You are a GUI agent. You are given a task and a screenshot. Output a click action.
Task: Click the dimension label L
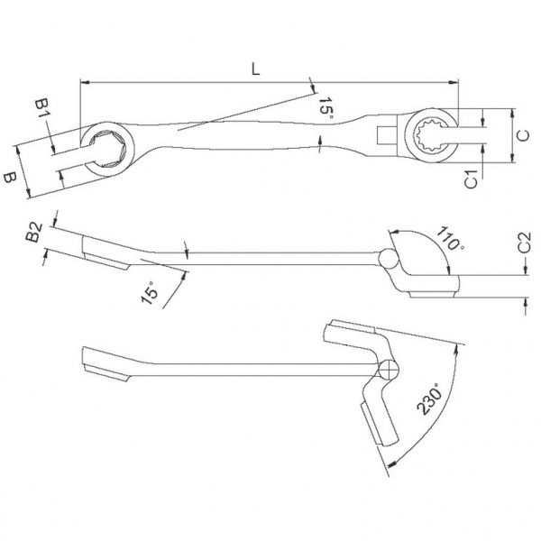pos(255,69)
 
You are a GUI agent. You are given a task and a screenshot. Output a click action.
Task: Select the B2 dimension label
pos(34,232)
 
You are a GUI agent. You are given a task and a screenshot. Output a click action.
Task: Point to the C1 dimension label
pos(471,179)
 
